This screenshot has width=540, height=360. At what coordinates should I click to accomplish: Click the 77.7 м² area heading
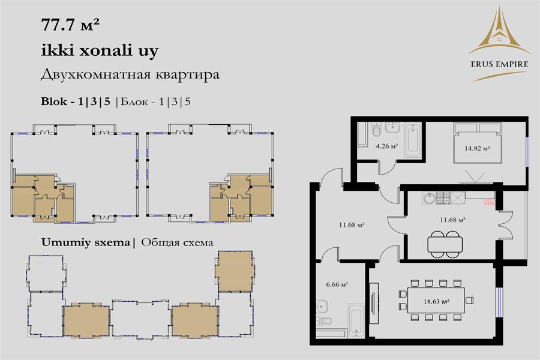point(70,25)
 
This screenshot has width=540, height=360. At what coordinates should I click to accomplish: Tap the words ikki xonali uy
point(100,50)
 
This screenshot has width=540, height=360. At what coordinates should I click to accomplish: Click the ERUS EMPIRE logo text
point(499,64)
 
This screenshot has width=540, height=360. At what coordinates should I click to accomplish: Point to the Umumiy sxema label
point(85,242)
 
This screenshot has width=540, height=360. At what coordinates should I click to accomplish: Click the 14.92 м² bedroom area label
point(478,148)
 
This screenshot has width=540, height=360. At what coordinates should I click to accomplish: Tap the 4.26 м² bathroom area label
point(387,146)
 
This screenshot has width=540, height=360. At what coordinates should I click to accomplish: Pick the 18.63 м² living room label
point(436,301)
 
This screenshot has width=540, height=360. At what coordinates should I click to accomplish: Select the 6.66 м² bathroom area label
point(337,284)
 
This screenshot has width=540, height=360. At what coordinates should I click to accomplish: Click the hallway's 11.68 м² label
point(352,225)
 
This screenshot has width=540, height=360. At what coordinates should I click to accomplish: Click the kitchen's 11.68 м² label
point(453,220)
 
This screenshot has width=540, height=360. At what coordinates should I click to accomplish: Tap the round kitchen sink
point(430,199)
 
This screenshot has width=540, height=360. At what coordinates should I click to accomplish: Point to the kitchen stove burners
point(443,198)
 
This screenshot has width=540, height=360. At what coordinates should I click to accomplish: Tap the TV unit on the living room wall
point(374,303)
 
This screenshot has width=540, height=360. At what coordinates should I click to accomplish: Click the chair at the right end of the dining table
point(469,300)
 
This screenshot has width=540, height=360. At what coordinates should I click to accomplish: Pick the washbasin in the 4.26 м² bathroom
point(392,128)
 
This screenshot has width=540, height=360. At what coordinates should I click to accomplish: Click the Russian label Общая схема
point(177,242)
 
